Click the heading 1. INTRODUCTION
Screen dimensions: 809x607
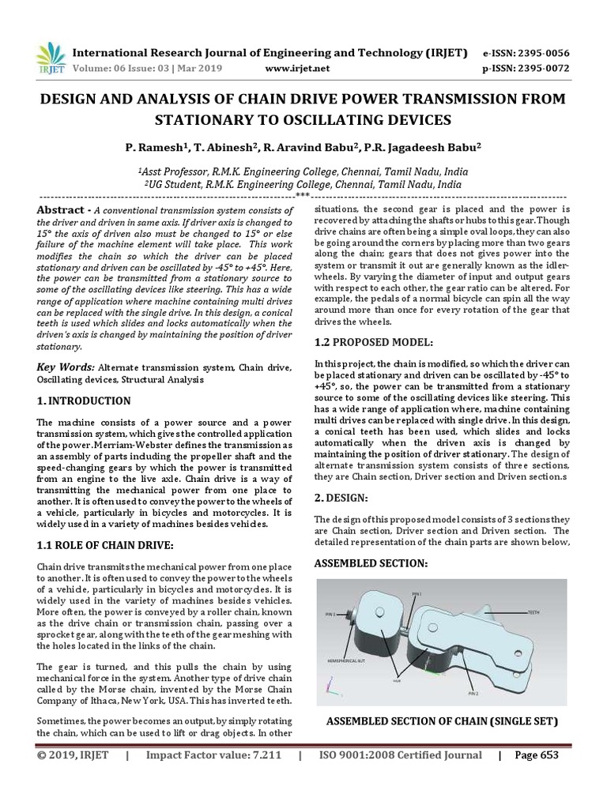[84, 401]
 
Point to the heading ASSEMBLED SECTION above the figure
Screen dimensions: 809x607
[371, 563]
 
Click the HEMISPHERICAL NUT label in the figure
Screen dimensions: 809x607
[346, 658]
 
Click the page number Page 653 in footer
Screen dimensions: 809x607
[536, 755]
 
